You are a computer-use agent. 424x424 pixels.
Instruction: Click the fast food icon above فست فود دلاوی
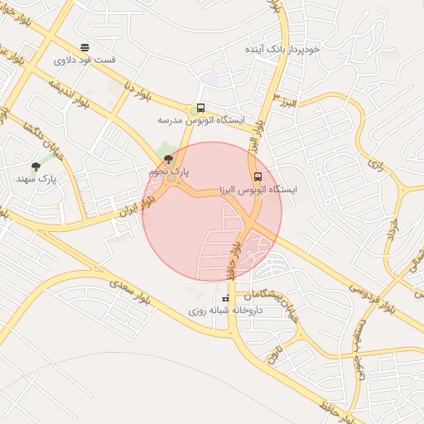pos(84,47)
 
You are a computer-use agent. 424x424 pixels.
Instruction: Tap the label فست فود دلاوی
pos(84,60)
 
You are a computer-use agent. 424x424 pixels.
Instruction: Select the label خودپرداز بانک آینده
pos(282,50)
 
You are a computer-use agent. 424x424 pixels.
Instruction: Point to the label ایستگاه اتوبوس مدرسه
pos(202,120)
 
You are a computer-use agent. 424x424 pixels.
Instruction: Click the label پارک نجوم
pos(169,171)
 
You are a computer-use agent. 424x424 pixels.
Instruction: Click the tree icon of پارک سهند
pos(35,166)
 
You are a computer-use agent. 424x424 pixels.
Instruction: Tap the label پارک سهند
pos(35,179)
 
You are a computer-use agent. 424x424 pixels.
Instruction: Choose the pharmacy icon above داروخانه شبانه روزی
pos(226,298)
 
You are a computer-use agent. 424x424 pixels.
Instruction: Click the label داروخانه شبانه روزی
pos(224,311)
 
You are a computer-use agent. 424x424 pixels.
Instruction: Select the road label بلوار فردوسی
pos(372,298)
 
